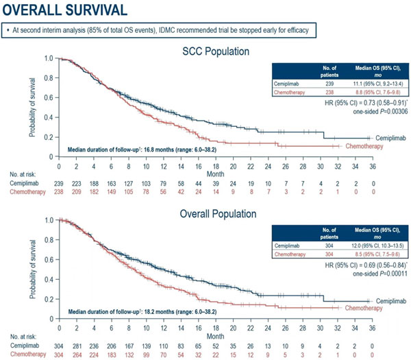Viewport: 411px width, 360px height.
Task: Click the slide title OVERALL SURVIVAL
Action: point(67,11)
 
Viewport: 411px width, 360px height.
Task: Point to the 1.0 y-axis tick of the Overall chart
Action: point(47,221)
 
